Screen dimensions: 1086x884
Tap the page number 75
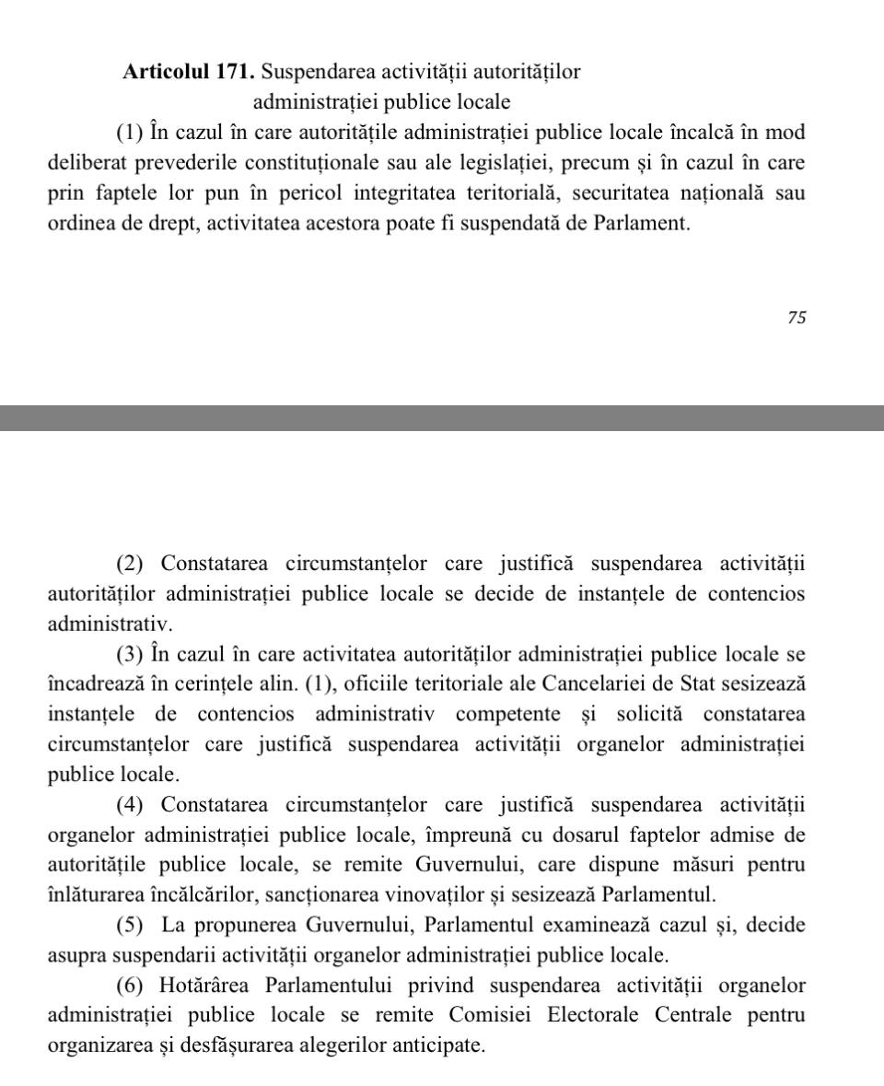pos(797,317)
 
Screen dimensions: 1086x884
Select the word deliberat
pos(90,163)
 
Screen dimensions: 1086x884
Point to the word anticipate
pos(437,1045)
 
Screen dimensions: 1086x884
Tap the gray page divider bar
pos(442,417)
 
